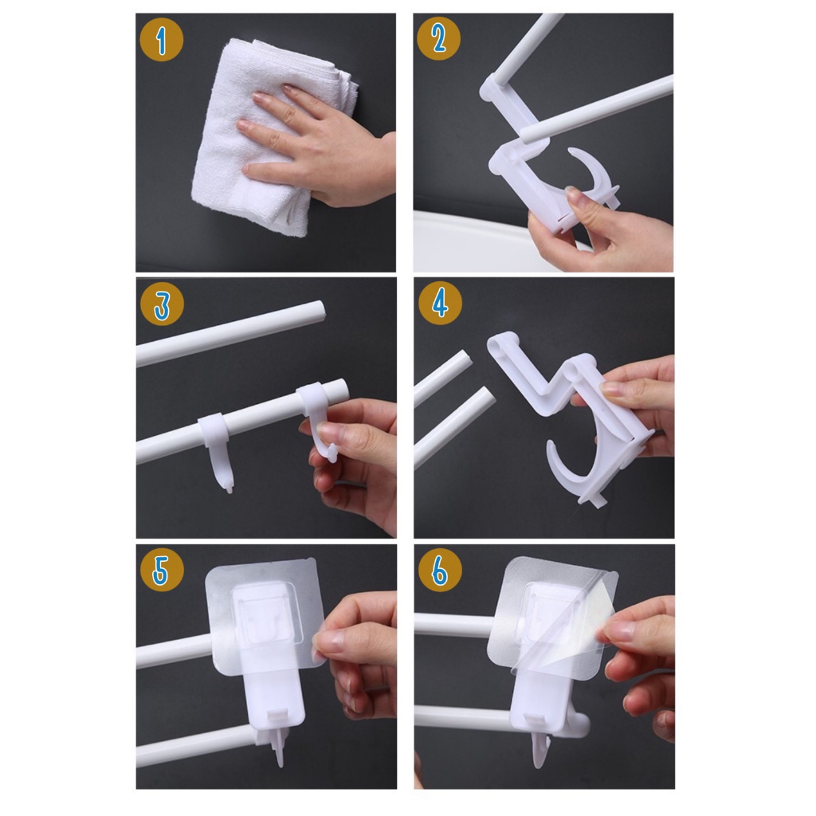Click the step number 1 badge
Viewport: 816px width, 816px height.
(x=161, y=40)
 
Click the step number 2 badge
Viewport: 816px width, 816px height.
(x=439, y=38)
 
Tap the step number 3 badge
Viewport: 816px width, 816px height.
(x=162, y=304)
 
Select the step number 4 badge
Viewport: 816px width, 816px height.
(x=440, y=303)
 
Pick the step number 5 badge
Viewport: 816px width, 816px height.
(x=162, y=570)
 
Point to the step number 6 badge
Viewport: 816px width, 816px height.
(x=440, y=570)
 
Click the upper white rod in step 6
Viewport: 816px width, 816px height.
(x=453, y=625)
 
